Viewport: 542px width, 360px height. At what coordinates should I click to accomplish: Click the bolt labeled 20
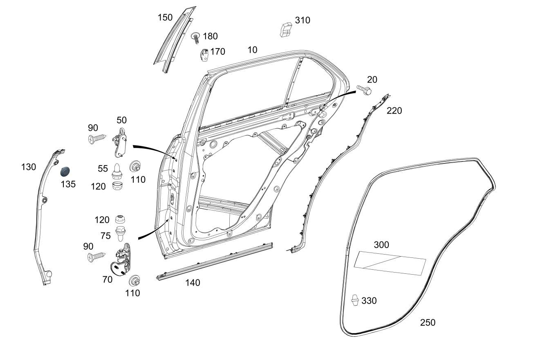click(364, 90)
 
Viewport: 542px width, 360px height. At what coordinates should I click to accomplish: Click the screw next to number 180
click(196, 38)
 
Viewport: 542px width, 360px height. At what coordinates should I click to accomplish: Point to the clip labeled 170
click(204, 54)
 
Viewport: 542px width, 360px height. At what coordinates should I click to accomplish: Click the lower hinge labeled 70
click(121, 262)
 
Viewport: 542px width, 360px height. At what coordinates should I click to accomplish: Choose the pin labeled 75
click(121, 233)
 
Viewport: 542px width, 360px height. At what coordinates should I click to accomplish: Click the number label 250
click(428, 323)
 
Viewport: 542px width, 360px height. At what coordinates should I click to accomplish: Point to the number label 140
click(193, 283)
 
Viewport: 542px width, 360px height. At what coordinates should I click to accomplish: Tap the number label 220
click(394, 111)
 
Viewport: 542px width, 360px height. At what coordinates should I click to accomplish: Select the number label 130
click(29, 167)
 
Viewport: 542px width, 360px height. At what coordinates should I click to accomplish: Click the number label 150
click(165, 18)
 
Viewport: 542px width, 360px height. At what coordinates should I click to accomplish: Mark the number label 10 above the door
click(252, 50)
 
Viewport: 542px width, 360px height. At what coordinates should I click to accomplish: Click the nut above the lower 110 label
click(134, 280)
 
